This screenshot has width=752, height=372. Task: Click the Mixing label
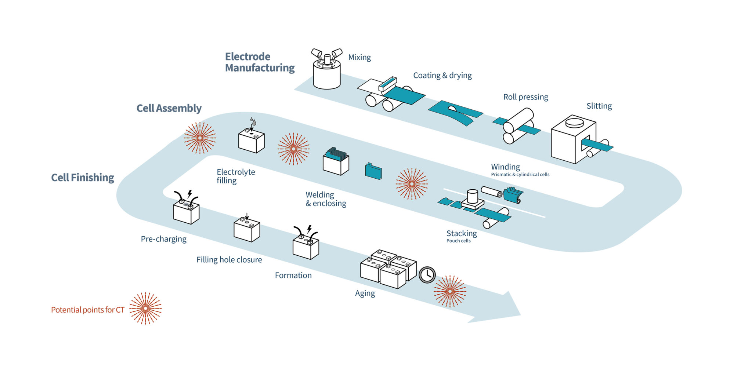[x=359, y=57]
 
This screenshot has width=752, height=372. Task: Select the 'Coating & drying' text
[x=442, y=75]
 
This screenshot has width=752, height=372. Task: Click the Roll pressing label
[x=525, y=97]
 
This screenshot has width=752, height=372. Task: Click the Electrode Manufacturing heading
[x=259, y=62]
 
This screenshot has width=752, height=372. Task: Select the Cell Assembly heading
[x=169, y=108]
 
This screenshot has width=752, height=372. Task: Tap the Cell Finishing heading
[x=83, y=178]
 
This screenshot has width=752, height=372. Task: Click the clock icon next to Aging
[x=427, y=274]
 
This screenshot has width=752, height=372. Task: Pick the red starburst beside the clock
[x=450, y=291]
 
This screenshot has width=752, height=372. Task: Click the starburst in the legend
[x=145, y=308]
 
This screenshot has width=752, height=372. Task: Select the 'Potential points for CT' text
[x=88, y=310]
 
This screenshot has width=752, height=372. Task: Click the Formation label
[x=293, y=276]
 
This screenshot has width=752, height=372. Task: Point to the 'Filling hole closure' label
[x=229, y=260]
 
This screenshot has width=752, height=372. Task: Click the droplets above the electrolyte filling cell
[x=253, y=121]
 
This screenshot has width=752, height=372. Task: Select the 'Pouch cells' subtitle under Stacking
[x=458, y=241]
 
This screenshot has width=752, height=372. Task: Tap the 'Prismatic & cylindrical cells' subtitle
[x=520, y=175]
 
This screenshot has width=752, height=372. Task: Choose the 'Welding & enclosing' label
[x=326, y=199]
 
